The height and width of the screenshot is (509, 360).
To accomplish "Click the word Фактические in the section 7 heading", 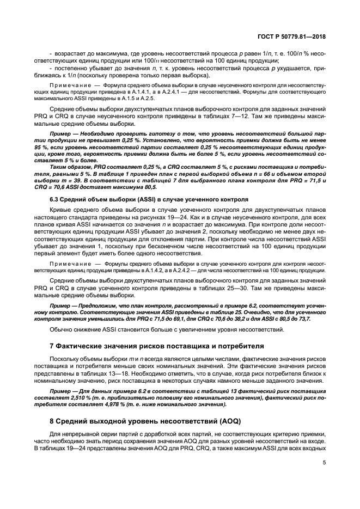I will [x=80, y=345].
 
